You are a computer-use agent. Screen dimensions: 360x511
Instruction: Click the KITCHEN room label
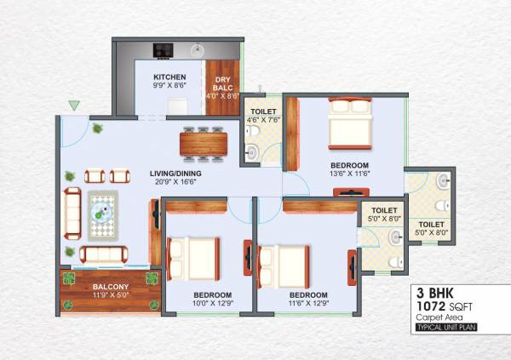169,76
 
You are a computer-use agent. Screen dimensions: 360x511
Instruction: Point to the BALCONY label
111,287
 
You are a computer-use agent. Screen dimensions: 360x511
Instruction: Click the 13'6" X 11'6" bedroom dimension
350,174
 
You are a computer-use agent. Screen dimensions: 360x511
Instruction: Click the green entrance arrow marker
75,106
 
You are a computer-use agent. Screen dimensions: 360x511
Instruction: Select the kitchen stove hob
163,49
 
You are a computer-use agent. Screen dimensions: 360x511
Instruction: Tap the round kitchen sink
197,49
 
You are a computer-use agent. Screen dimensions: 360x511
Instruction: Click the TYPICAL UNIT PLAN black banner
443,329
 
